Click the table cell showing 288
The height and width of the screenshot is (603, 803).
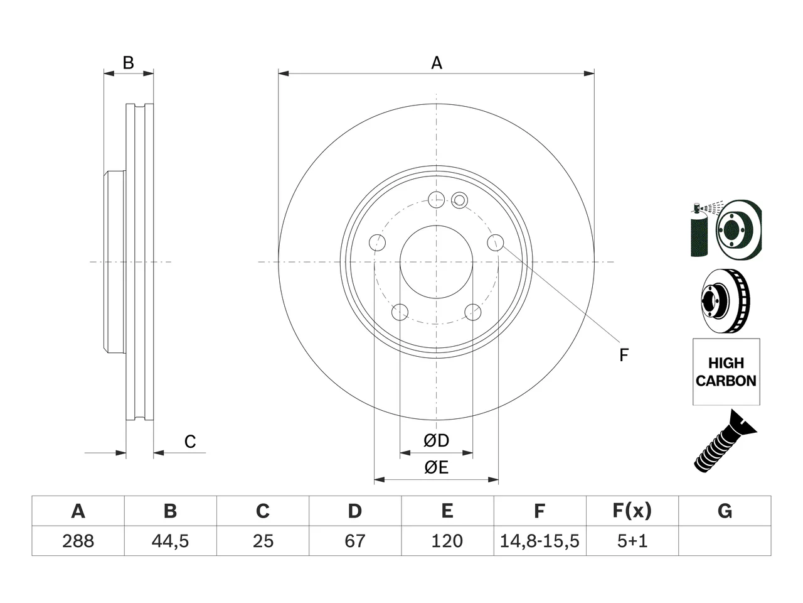[78, 541]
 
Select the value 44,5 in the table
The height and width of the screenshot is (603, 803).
[171, 541]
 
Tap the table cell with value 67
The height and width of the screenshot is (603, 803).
[355, 541]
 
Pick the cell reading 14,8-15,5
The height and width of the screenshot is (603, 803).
[540, 541]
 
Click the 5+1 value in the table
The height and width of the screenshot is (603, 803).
[632, 541]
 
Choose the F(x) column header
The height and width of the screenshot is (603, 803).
[632, 511]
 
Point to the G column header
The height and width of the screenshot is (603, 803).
[725, 511]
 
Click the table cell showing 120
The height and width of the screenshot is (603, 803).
[447, 541]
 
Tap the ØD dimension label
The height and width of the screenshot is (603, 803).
[436, 441]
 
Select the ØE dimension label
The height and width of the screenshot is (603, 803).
[436, 467]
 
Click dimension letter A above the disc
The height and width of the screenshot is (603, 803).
[437, 63]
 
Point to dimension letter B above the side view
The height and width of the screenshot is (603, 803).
[128, 63]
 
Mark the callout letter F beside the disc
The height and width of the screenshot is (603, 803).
[624, 355]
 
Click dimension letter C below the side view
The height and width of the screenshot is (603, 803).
[190, 442]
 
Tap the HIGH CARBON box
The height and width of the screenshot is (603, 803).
[726, 372]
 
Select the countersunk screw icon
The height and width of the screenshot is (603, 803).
[725, 442]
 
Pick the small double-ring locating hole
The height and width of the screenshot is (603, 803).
[459, 200]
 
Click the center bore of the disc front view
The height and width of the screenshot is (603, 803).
[436, 262]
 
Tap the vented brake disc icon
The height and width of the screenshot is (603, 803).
[725, 301]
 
